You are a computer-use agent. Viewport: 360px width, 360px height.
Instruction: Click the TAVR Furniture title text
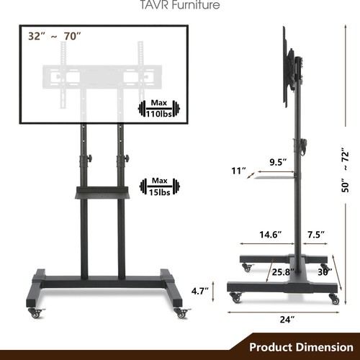[179, 6]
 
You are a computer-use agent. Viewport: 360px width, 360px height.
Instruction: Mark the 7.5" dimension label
[315, 234]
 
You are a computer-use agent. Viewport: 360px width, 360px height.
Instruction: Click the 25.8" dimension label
[282, 272]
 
